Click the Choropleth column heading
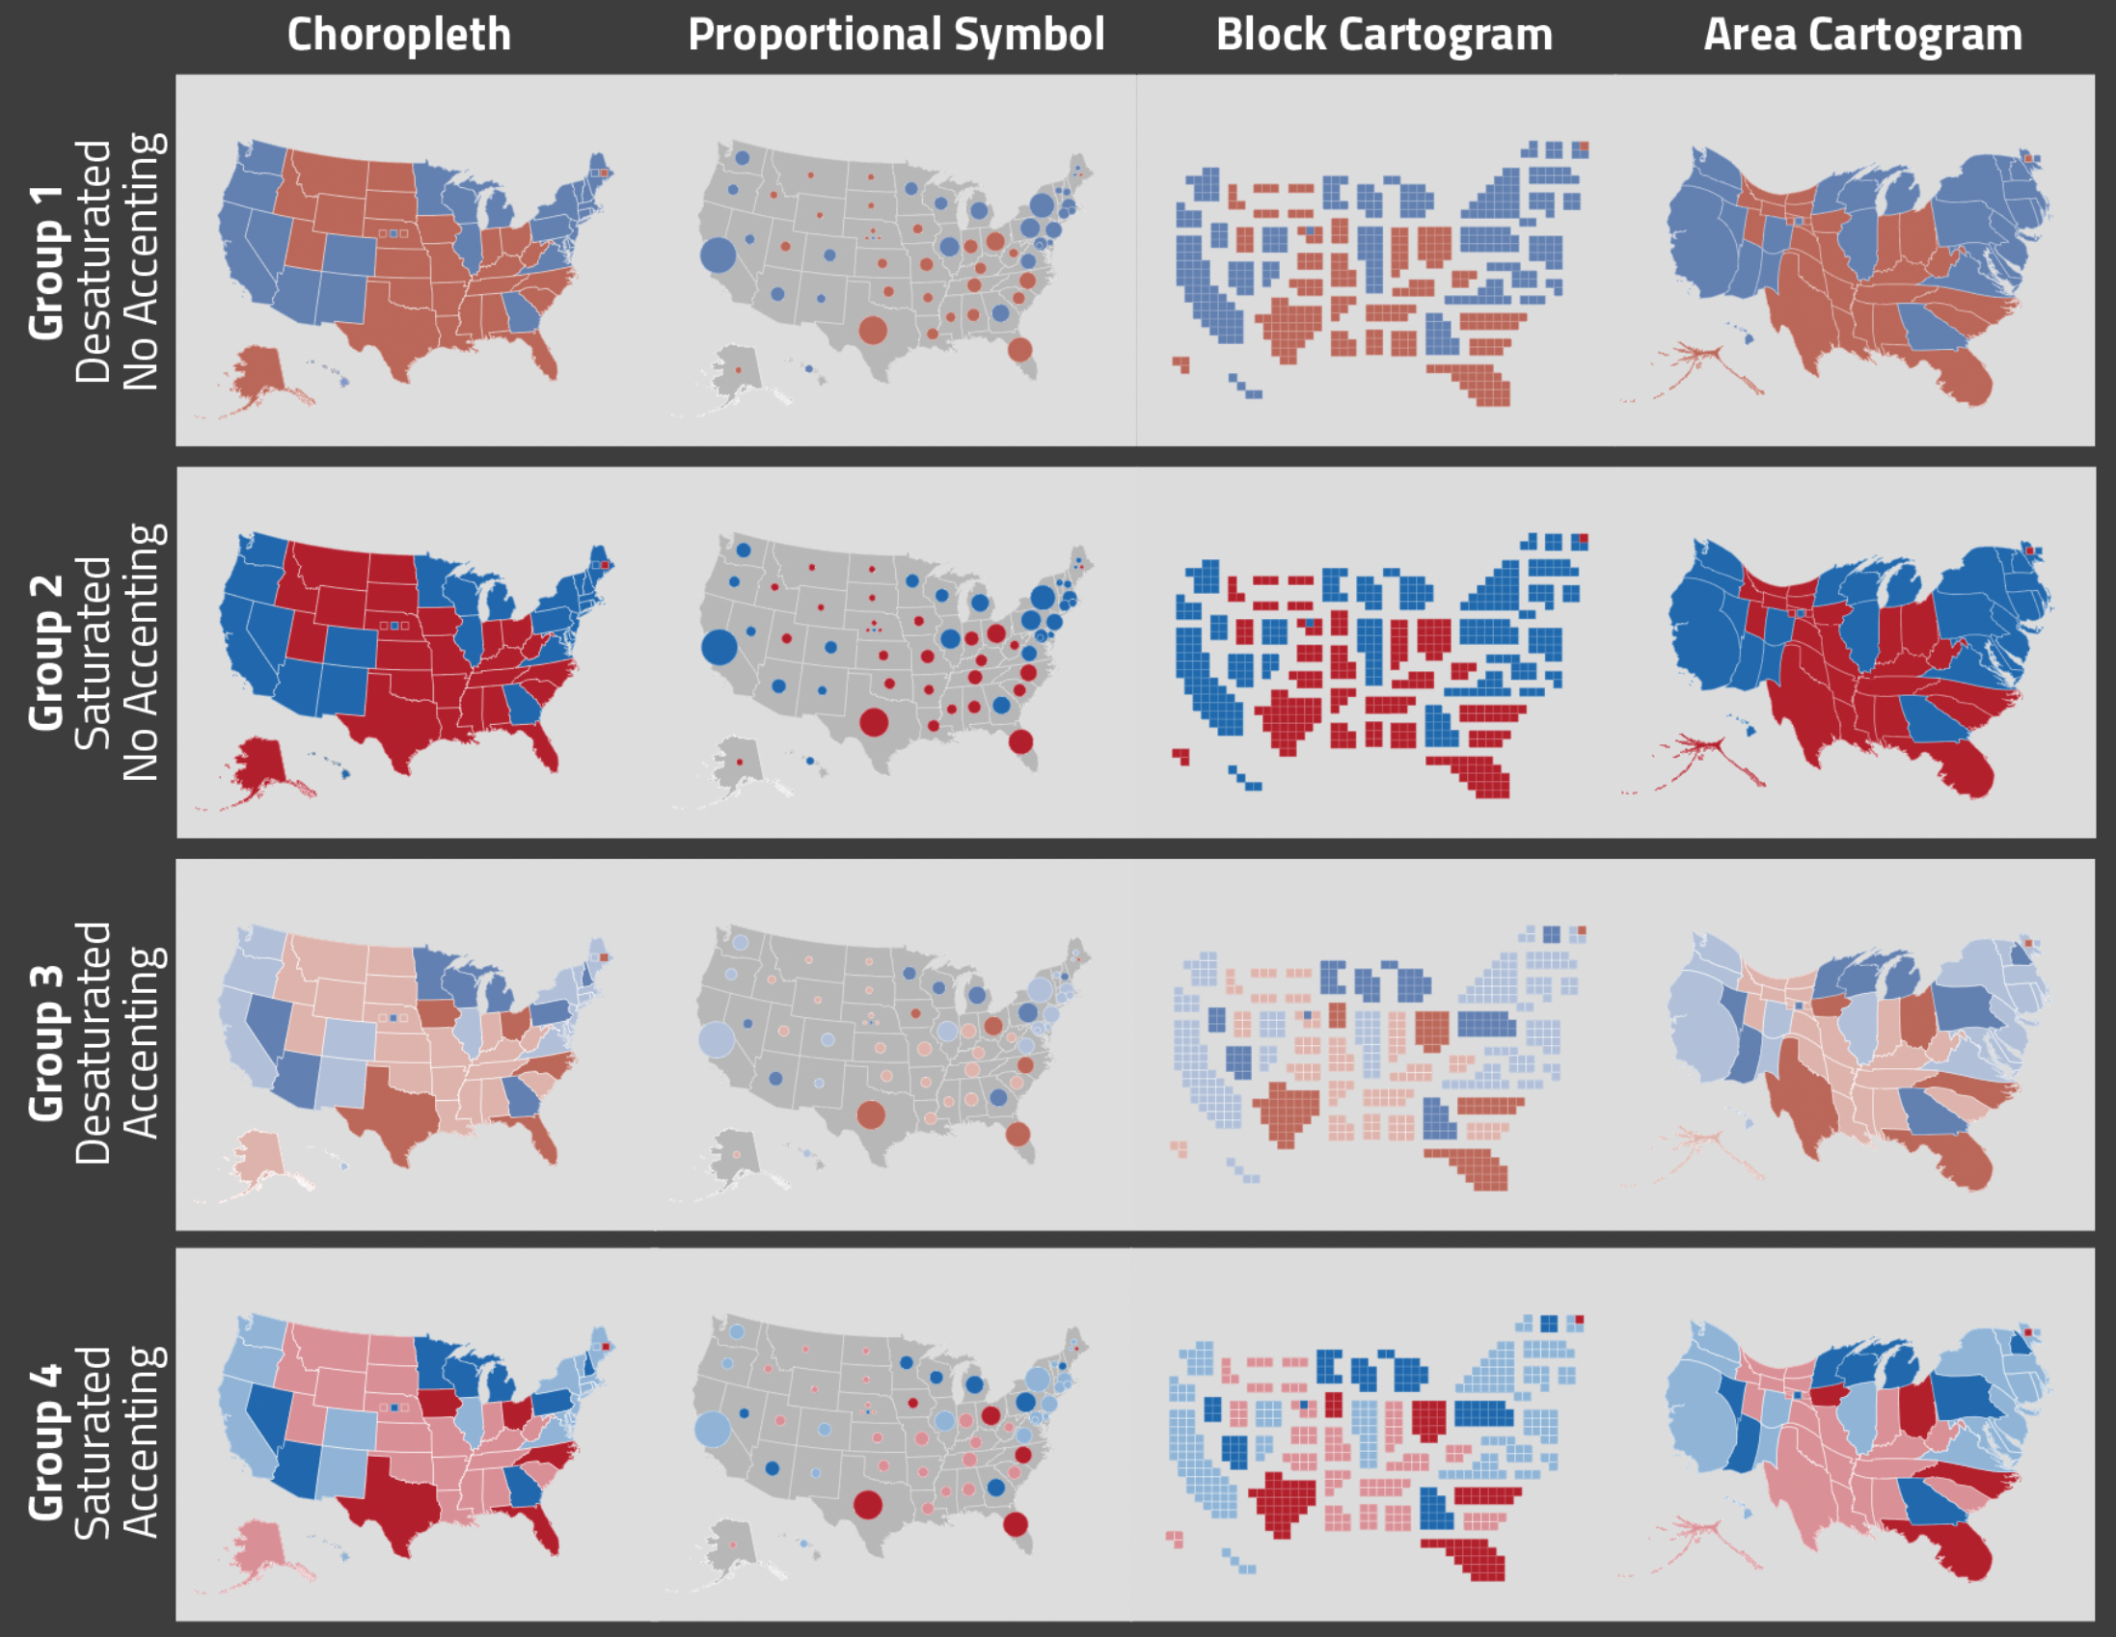click(398, 35)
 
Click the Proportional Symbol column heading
click(895, 35)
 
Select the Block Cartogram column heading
click(1384, 35)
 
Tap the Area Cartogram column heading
click(1862, 35)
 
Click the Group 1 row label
click(46, 261)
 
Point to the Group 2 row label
click(46, 652)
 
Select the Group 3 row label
click(46, 1042)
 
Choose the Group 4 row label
click(46, 1441)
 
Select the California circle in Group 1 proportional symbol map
click(718, 255)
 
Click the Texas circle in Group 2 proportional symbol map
click(873, 722)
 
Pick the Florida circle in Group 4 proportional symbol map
click(1015, 1523)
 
